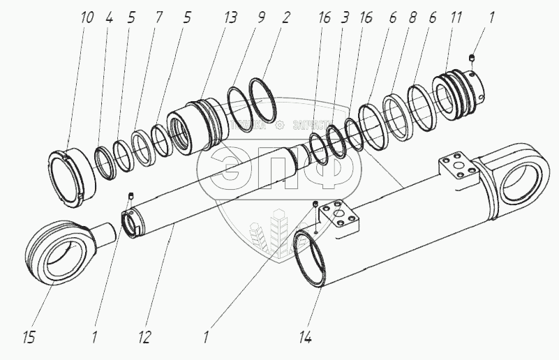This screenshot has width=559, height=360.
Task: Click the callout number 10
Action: (x=87, y=17)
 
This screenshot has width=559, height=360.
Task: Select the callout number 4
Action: (x=110, y=17)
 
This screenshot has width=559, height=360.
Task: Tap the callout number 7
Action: (x=158, y=17)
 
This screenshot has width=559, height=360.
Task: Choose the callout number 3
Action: (x=343, y=17)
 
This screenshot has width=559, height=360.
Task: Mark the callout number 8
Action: (x=412, y=17)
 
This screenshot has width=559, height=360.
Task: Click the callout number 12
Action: (x=144, y=338)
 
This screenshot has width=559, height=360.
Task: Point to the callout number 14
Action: (x=304, y=338)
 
